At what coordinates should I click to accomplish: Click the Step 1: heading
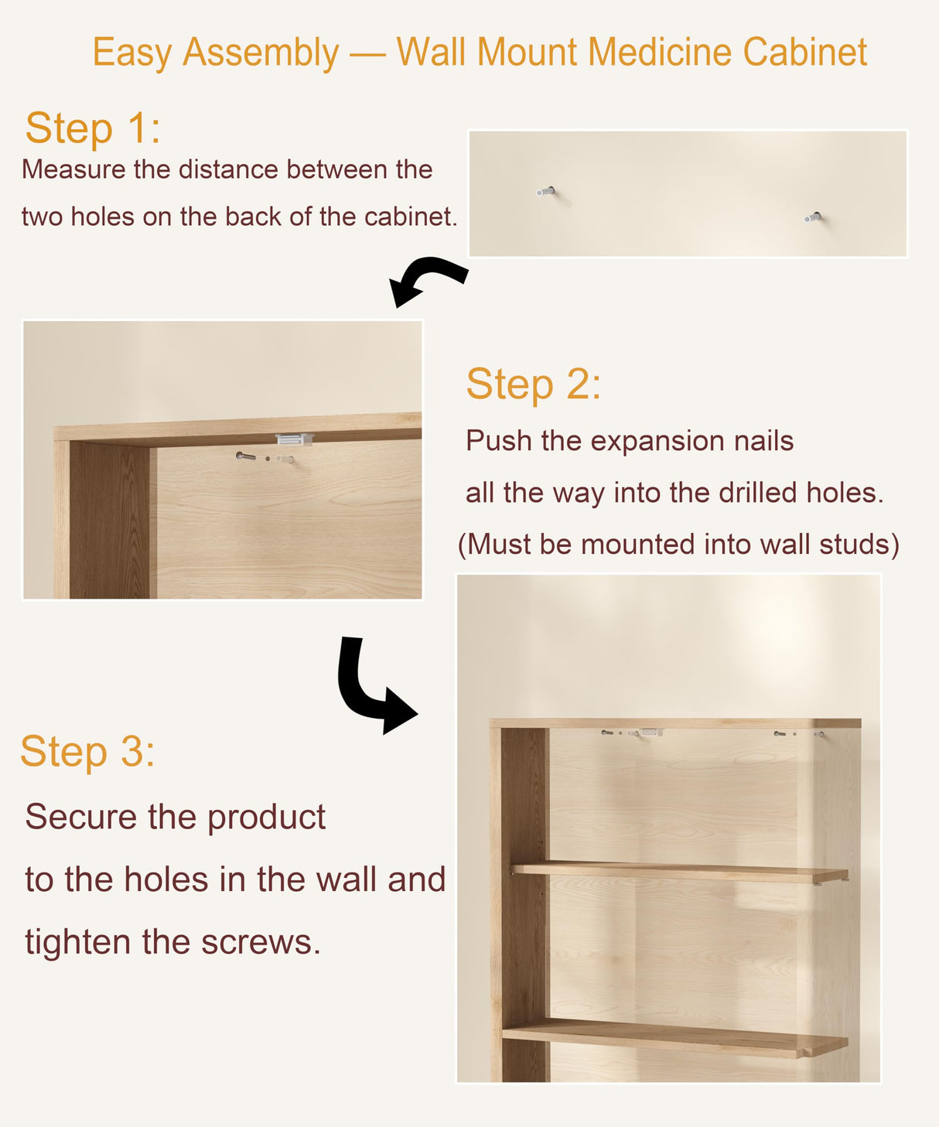coord(93,128)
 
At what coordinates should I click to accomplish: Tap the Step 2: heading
coord(533,384)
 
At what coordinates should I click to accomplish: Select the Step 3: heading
coord(87,751)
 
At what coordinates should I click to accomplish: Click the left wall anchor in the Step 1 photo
coord(546,191)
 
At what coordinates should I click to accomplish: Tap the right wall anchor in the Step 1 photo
coord(813,217)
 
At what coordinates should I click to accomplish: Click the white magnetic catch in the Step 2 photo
coord(294,439)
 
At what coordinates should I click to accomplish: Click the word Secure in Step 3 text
coord(80,817)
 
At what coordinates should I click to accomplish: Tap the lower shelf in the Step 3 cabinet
coord(673,1037)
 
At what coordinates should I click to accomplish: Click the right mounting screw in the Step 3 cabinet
coord(781,733)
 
